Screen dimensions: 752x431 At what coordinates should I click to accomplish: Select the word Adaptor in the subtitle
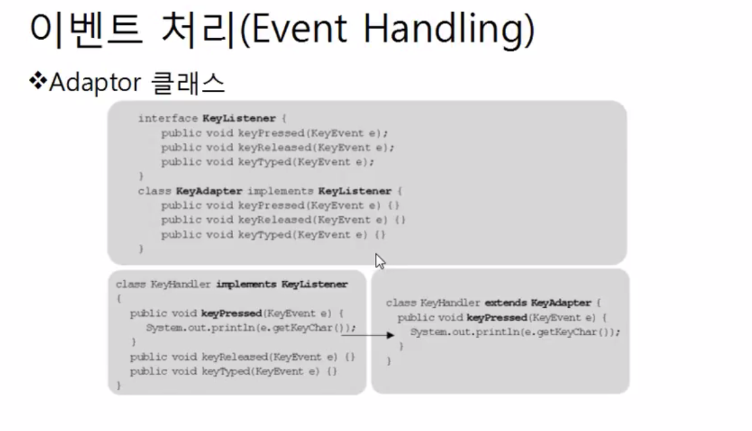95,82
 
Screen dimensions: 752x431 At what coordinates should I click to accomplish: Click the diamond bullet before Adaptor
36,82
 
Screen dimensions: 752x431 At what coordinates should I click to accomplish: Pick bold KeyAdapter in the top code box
209,191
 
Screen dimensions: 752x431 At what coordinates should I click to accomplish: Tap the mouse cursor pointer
380,261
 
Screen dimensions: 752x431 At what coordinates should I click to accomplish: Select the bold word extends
505,303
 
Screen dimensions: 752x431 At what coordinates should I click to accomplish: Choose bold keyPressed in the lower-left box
231,313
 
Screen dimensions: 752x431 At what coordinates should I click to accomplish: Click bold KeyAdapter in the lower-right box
561,303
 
